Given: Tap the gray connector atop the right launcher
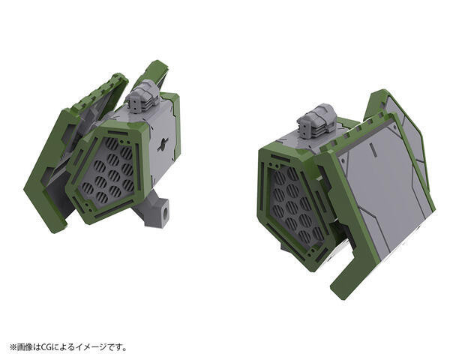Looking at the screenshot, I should (315, 122).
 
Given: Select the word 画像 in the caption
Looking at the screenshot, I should (25, 346).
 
